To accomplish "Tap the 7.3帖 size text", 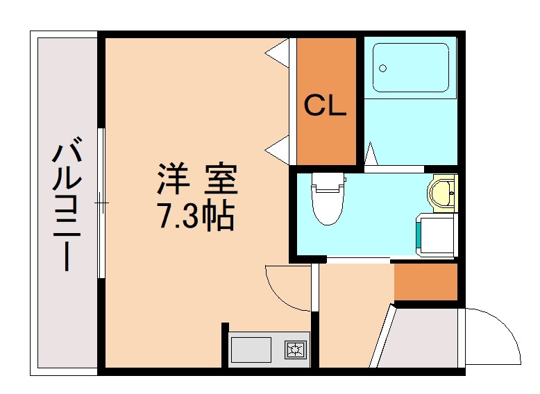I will point(197,217).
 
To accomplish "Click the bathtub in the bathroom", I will point(410,68).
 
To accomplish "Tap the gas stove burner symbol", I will point(296,349).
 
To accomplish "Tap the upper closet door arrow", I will point(279,53).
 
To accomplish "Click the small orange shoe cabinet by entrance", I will point(425,282).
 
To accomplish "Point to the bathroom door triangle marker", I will point(371,153).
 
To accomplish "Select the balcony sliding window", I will point(102,203).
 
